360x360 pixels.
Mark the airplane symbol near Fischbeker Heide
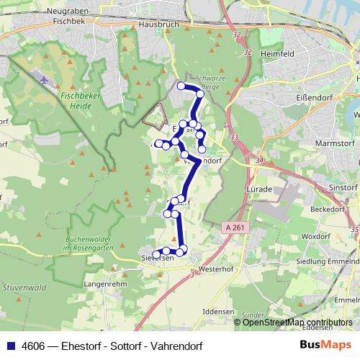tap(44, 80)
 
